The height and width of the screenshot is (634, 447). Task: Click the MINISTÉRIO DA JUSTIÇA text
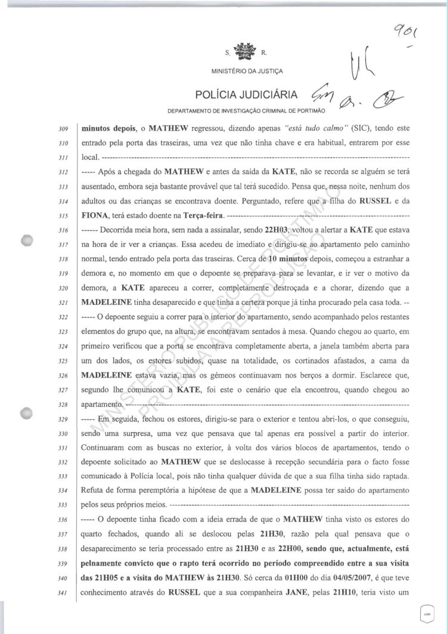pyautogui.click(x=247, y=71)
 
